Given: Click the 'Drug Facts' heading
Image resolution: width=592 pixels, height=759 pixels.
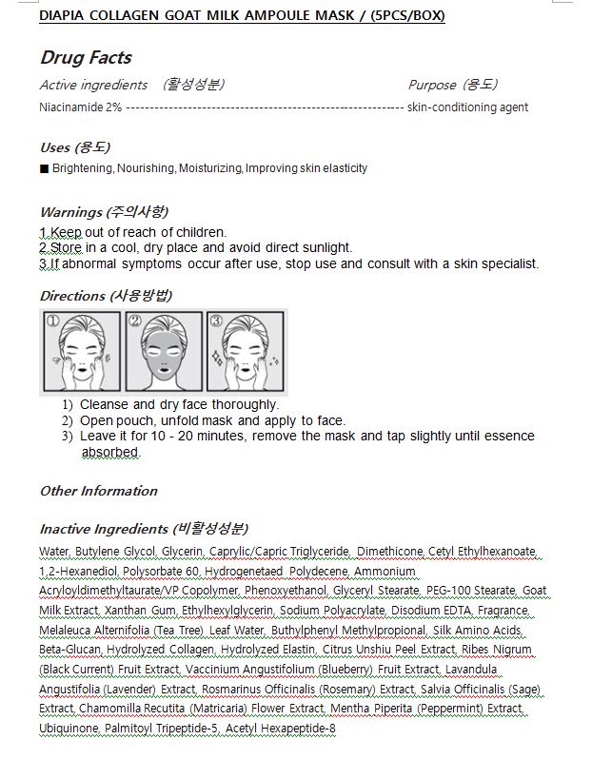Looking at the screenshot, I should click(86, 57).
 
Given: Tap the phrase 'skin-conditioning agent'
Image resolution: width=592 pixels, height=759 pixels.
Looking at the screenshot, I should click(467, 107).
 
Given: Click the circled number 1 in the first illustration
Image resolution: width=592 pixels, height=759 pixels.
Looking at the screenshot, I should click(53, 321).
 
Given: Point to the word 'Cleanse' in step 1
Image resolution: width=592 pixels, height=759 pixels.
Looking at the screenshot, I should click(105, 404).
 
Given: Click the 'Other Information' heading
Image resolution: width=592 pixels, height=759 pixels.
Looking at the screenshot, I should click(98, 491).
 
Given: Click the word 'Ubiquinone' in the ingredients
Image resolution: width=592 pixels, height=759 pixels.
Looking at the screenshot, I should click(69, 729).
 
